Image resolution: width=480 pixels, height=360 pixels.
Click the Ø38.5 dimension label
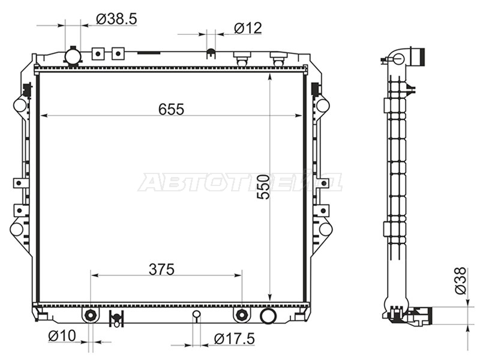[116, 19]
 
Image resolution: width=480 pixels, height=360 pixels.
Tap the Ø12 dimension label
[248, 28]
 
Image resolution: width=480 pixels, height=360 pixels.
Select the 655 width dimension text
[171, 109]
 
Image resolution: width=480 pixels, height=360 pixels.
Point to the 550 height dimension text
[263, 187]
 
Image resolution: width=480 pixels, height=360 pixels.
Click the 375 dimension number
[161, 269]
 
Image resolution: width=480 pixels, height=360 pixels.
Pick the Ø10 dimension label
[62, 336]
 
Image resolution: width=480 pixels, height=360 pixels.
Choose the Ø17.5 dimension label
[234, 339]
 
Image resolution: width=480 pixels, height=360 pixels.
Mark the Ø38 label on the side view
[460, 280]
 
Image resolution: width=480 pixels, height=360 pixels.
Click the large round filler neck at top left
[73, 56]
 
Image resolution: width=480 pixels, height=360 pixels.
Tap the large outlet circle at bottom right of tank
[268, 316]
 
